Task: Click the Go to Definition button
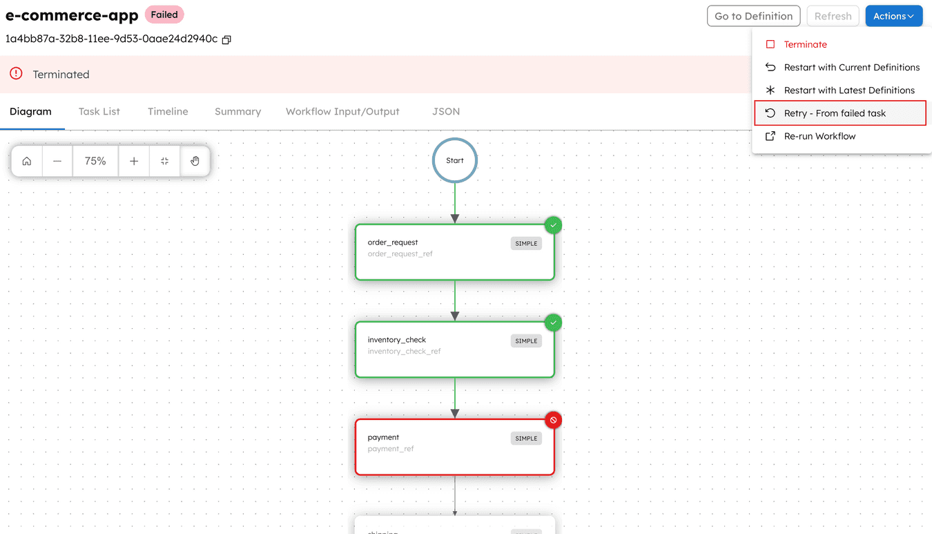click(x=753, y=16)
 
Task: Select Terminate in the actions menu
click(x=805, y=44)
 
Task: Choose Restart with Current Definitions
click(x=851, y=68)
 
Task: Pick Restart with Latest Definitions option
click(x=848, y=90)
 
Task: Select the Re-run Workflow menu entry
click(x=819, y=136)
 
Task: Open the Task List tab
click(x=99, y=111)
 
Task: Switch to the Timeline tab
click(x=168, y=111)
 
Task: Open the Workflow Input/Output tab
click(x=342, y=111)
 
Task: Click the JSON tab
click(x=445, y=111)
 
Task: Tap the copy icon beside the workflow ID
click(x=226, y=39)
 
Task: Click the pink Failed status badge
click(x=164, y=15)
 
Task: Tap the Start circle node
click(x=455, y=160)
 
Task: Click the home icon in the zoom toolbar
click(x=27, y=161)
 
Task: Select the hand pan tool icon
click(x=195, y=161)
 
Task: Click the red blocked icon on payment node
click(x=554, y=420)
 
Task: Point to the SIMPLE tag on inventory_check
click(x=526, y=341)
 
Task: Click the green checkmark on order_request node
click(x=554, y=225)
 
